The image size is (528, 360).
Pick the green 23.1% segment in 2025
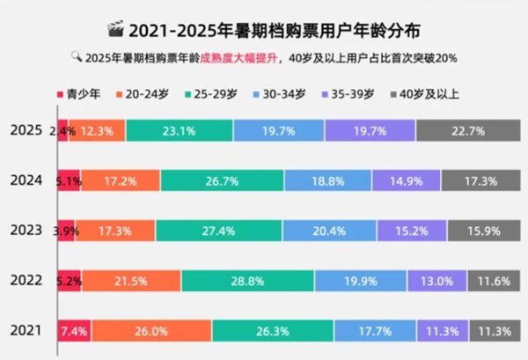[x=180, y=130]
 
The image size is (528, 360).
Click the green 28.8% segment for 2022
[x=247, y=281]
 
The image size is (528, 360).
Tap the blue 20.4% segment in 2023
[x=331, y=231]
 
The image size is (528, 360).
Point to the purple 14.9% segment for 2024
[x=406, y=180]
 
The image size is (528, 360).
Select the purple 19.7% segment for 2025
[x=370, y=130]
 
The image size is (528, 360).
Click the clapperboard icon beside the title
[x=115, y=32]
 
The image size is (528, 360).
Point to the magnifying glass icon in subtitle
[x=77, y=58]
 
